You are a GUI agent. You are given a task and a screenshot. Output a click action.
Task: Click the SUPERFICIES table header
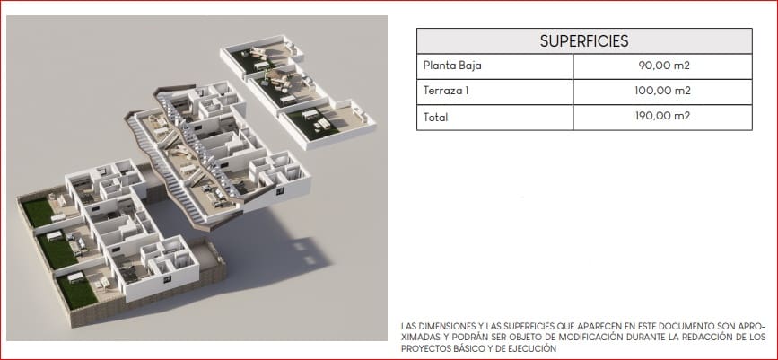[x=583, y=41]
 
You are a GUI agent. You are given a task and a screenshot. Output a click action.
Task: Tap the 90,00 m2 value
[x=664, y=66]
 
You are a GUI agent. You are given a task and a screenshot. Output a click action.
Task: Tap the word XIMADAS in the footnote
[x=424, y=338]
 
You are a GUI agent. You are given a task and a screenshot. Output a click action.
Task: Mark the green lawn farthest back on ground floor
[x=38, y=213]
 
